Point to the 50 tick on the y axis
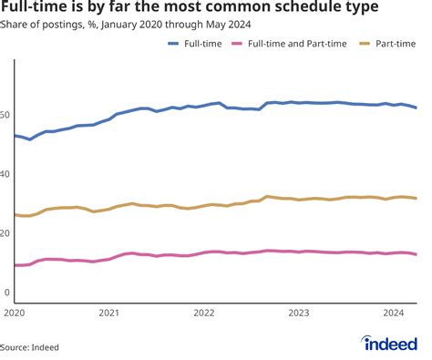[7, 115]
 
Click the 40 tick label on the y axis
[7, 174]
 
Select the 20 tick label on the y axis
[7, 233]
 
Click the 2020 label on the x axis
[13, 313]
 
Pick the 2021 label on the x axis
[108, 313]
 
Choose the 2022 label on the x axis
[203, 313]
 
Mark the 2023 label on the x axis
[298, 313]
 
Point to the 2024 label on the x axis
[393, 313]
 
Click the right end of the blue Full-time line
[417, 108]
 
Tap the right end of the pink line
[417, 254]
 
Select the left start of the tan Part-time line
[15, 215]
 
